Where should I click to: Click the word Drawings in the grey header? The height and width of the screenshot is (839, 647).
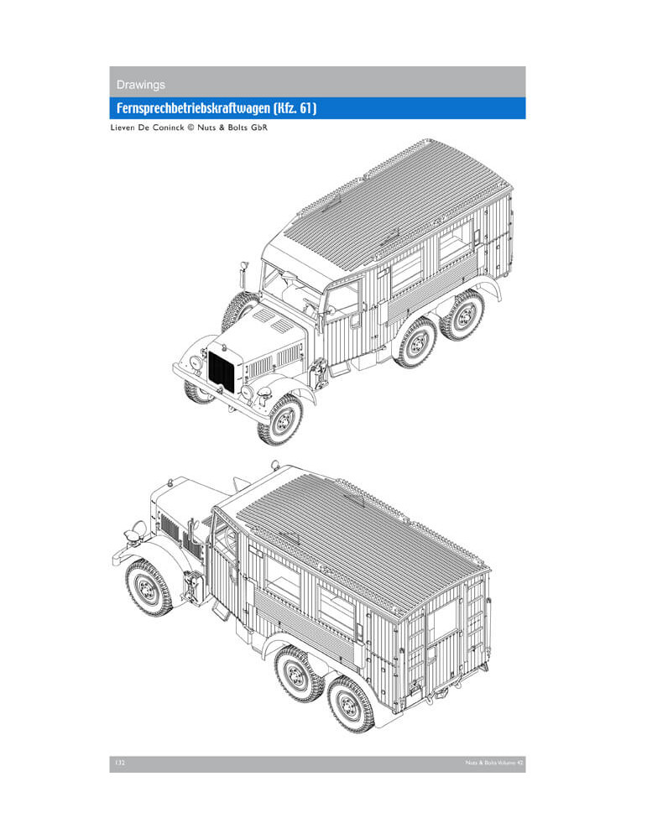pos(141,85)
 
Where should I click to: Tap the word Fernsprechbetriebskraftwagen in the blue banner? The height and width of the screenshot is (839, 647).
pos(193,108)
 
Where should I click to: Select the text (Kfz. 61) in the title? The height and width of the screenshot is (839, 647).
pos(295,108)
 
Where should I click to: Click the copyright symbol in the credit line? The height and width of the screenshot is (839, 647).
pos(190,128)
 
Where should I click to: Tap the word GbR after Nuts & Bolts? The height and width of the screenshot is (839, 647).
pos(259,128)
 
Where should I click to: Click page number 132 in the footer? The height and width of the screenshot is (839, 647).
pos(120,763)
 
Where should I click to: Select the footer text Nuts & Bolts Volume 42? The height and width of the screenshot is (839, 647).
pos(493,763)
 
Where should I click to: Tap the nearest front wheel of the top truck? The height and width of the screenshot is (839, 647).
pos(280,419)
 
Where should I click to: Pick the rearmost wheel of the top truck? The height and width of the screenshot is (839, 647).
pos(464,315)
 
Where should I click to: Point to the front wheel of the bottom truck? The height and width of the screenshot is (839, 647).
pos(149,588)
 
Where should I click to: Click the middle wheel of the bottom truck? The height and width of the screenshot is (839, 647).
pos(298,674)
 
